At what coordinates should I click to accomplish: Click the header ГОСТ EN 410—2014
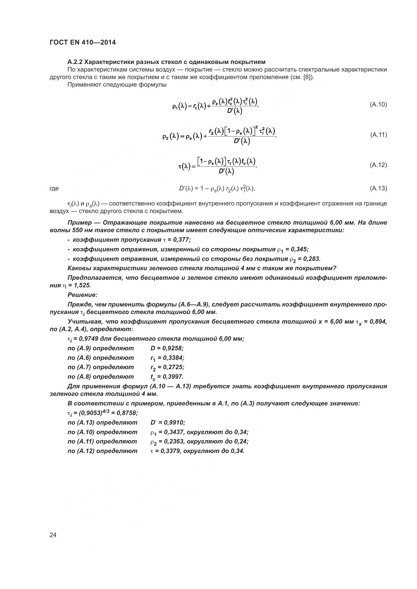click(82, 43)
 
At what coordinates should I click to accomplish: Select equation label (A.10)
click(378, 105)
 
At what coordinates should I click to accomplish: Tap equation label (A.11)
click(378, 135)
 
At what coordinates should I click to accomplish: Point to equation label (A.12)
click(378, 165)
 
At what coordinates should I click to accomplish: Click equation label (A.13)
click(378, 189)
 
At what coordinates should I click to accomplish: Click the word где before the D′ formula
click(54, 189)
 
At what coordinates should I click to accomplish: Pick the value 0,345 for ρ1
click(300, 249)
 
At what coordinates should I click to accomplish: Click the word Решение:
click(82, 295)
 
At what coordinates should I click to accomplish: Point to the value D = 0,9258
click(167, 348)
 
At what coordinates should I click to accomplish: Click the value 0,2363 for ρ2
click(171, 441)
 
